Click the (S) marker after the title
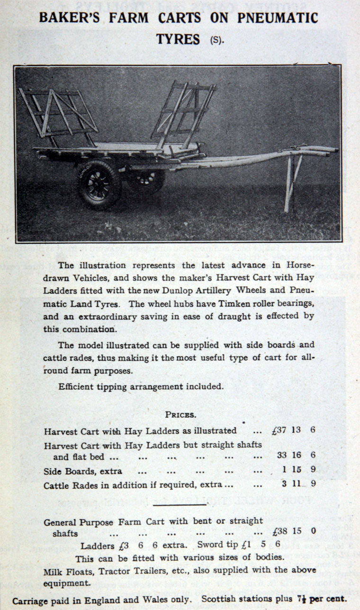tap(216, 40)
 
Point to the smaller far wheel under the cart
tap(147, 180)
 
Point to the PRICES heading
tap(180, 415)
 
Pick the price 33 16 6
tap(297, 455)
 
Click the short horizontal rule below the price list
tap(180, 504)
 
